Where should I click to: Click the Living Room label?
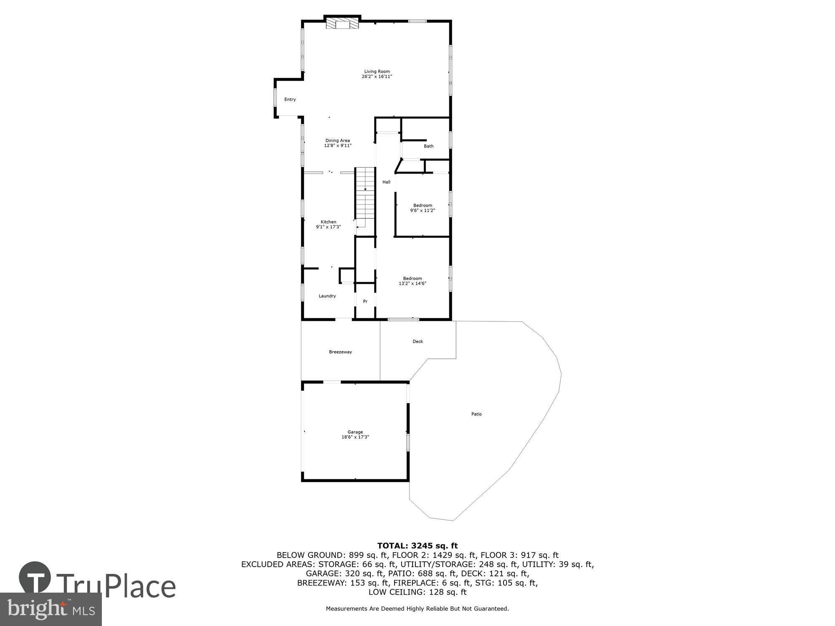coord(377,71)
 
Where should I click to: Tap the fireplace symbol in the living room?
coord(342,23)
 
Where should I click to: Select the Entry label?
coord(290,99)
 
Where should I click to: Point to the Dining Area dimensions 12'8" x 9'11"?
coord(338,146)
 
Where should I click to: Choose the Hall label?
coord(386,182)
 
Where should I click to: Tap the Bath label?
coord(428,146)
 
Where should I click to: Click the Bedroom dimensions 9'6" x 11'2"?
coord(423,210)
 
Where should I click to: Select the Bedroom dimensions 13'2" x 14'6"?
coord(412,283)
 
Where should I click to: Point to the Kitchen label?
coord(328,222)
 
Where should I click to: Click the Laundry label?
coord(327,296)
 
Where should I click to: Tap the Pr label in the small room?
coord(365,301)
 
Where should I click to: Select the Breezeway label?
coord(340,352)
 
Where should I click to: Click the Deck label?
coord(417,341)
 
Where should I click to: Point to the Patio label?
coord(476,414)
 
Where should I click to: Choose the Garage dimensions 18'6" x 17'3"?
coord(355,437)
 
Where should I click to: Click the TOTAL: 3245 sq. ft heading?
coord(417,545)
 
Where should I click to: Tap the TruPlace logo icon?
coord(35,578)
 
